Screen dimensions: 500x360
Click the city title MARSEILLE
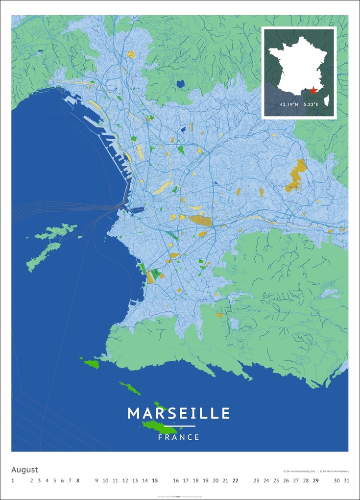coord(179,413)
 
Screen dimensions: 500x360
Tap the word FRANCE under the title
coord(179,437)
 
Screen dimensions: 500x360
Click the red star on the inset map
coord(313,90)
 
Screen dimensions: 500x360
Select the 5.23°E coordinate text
coord(314,104)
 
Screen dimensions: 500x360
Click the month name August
coord(24,470)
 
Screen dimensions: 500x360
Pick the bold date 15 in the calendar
coord(155,481)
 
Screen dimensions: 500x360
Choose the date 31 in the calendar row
coord(346,481)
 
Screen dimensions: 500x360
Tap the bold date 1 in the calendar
coord(13,481)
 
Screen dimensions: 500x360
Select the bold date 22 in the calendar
coord(235,481)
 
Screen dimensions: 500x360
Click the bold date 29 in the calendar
coord(316,481)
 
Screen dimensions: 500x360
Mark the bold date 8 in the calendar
coord(77,481)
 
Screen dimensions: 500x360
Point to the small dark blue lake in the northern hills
coord(181,84)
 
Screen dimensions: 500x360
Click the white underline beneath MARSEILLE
coord(179,426)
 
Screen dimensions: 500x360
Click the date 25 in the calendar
coord(276,481)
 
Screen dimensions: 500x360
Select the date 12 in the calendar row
coord(125,481)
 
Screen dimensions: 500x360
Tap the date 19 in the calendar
coord(206,481)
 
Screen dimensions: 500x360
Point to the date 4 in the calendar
coord(47,481)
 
